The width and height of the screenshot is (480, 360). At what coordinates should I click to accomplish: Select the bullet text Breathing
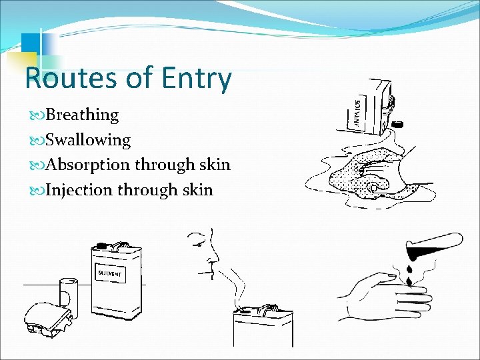pyautogui.click(x=83, y=115)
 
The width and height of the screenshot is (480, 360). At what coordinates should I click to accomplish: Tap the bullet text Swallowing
pyautogui.click(x=89, y=140)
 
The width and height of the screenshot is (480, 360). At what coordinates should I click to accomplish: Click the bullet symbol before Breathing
pyautogui.click(x=41, y=115)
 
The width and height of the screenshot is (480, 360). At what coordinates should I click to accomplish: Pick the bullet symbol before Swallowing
pyautogui.click(x=41, y=141)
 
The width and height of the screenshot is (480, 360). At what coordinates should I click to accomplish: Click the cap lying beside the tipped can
pyautogui.click(x=399, y=124)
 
